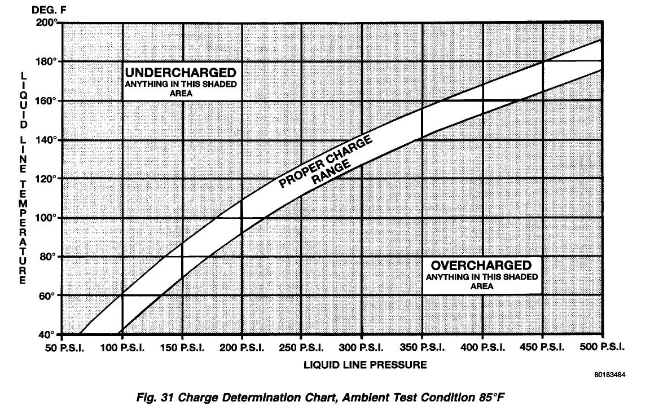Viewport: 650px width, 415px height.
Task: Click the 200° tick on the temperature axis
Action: pos(46,22)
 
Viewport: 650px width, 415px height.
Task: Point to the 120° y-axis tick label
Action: pos(46,179)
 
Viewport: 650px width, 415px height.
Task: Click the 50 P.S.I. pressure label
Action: pos(65,348)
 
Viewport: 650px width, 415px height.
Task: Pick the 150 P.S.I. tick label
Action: pos(182,348)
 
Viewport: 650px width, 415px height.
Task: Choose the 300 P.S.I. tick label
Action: pos(362,348)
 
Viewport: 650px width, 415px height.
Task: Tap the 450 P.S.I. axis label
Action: pos(542,348)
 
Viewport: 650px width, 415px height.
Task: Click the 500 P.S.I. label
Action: pos(602,347)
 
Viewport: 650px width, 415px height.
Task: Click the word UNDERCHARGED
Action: pos(181,73)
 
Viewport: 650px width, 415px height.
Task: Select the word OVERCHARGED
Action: pos(481,265)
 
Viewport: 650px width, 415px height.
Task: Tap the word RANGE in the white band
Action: pos(331,173)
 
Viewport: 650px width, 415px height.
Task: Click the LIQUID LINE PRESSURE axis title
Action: pos(365,365)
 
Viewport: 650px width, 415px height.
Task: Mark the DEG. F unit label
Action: pos(49,10)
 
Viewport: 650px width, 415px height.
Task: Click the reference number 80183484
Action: pos(610,375)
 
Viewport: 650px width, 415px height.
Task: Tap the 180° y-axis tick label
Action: pos(46,61)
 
